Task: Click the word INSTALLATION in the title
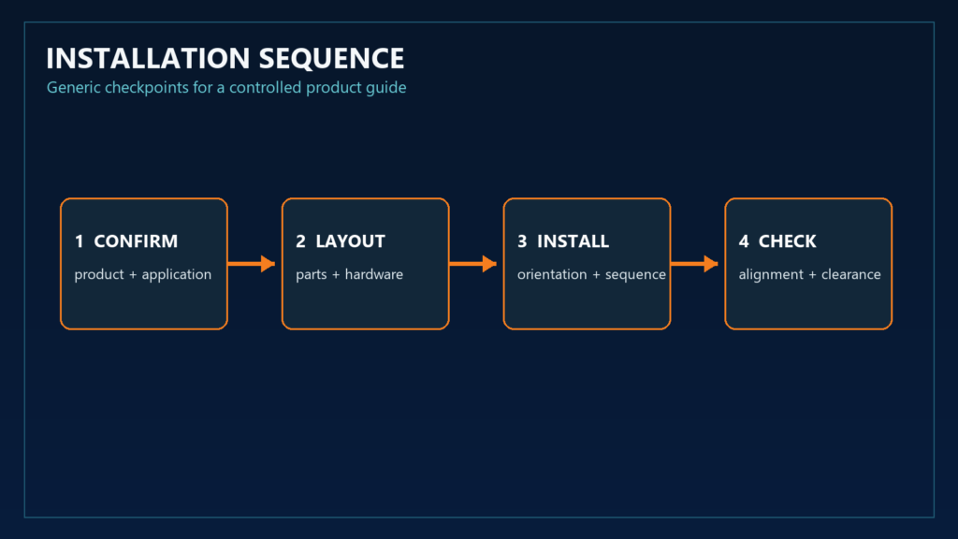[x=148, y=59]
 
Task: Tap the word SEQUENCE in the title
[x=331, y=59]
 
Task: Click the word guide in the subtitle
[x=386, y=88]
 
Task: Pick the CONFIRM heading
[x=136, y=241]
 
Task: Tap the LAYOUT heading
[x=350, y=241]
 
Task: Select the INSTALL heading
[x=573, y=241]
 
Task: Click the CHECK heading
[x=787, y=241]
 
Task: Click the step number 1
[x=79, y=241]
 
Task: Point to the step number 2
[x=300, y=241]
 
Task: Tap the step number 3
[x=522, y=241]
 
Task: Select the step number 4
[x=744, y=241]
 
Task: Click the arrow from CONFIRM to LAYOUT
[x=251, y=264]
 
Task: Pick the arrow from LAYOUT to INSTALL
[x=472, y=264]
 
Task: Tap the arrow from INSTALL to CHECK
[x=694, y=264]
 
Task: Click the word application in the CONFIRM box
[x=177, y=275]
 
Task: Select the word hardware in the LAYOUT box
[x=374, y=274]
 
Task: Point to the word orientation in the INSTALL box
[x=552, y=274]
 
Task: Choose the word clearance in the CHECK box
[x=851, y=274]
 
